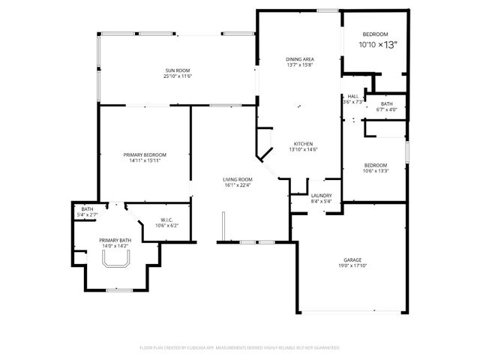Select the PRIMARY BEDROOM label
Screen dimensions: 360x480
pos(145,154)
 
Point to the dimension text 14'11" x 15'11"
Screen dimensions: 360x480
pos(145,160)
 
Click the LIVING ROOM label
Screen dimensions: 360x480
pos(237,179)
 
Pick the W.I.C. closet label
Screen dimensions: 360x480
pos(166,220)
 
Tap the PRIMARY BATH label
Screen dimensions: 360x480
pos(115,240)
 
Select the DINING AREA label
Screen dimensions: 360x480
pos(299,58)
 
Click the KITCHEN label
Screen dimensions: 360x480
pos(303,143)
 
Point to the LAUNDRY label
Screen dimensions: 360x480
pos(321,196)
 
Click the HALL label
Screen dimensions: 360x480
pos(352,96)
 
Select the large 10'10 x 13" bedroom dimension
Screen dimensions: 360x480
pos(377,45)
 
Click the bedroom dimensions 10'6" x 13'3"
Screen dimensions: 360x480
pos(375,171)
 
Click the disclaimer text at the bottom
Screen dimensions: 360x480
pos(240,348)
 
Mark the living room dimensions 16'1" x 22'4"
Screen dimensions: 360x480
pos(237,185)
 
